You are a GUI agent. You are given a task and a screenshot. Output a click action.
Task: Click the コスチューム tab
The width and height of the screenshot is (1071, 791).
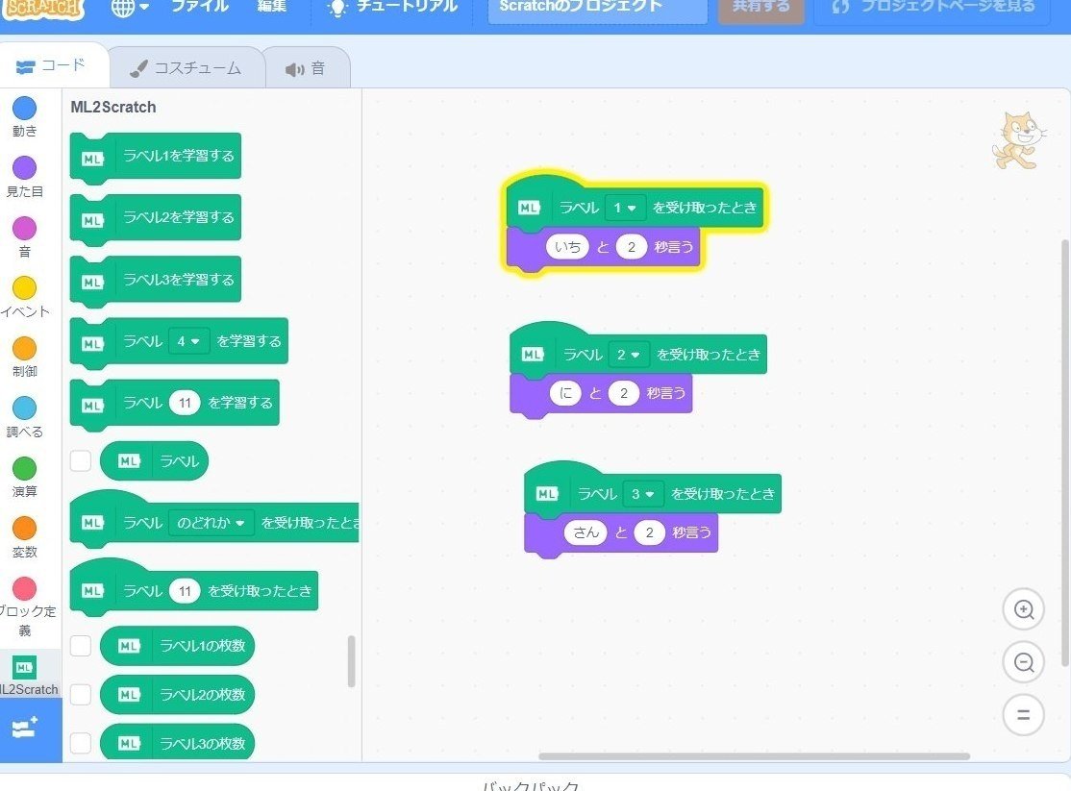187,68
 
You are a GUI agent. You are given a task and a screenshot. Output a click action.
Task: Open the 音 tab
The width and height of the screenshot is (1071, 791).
306,68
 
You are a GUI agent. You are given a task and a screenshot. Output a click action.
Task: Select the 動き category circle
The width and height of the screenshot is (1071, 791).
24,108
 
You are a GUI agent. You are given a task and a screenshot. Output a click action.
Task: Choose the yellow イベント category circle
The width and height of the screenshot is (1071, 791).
24,287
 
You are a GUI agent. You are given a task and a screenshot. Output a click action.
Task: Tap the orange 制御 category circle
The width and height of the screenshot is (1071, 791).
24,348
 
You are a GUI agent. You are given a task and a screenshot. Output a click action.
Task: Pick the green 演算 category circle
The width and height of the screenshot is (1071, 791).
24,468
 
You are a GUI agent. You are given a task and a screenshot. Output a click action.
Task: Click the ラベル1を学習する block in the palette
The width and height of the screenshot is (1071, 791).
156,156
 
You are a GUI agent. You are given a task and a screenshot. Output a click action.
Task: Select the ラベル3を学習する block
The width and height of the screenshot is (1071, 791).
156,280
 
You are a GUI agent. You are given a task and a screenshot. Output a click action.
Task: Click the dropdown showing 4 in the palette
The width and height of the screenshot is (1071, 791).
188,341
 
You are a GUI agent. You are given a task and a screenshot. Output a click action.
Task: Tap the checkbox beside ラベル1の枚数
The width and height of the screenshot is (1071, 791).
81,646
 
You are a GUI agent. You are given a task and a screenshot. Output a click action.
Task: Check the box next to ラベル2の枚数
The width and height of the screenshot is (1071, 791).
81,695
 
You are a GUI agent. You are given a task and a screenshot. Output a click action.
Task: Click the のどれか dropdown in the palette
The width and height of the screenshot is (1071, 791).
212,523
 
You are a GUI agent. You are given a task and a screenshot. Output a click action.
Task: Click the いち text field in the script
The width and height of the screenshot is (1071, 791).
567,247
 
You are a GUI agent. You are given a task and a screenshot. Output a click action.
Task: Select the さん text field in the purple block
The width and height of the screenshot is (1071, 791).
585,532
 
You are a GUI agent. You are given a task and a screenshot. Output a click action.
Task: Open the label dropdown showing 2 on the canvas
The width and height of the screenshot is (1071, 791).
629,355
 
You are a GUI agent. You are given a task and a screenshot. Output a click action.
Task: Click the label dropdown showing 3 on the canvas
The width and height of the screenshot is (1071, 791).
643,494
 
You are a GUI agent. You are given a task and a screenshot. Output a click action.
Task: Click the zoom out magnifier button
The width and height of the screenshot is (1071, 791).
1024,662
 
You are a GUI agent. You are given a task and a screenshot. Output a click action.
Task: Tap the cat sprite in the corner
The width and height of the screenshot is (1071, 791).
1017,140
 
